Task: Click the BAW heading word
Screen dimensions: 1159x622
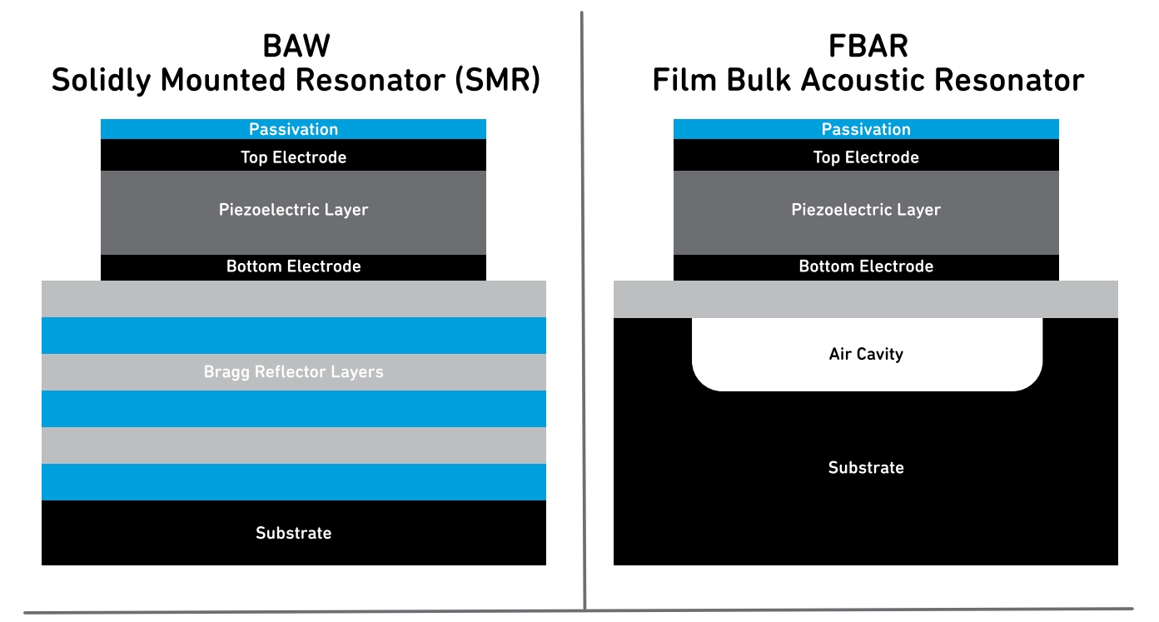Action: tap(296, 46)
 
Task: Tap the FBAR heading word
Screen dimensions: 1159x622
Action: tap(868, 46)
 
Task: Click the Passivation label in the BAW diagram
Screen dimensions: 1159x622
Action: tap(293, 129)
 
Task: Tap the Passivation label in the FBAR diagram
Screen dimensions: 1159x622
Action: tap(866, 129)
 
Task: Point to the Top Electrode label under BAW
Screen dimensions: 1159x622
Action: tap(293, 157)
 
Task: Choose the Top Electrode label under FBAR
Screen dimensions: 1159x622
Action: tap(866, 157)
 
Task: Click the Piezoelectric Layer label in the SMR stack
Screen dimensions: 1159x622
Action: tap(293, 210)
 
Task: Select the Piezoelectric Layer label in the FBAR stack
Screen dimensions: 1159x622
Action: tap(866, 210)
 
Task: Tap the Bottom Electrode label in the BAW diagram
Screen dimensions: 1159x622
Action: tap(293, 266)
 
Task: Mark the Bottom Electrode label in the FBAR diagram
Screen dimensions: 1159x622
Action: tap(866, 266)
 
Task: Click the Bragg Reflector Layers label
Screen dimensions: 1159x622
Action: tap(293, 371)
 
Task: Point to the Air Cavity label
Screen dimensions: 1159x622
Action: tap(866, 354)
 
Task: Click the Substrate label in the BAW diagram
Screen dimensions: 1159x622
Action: tap(293, 533)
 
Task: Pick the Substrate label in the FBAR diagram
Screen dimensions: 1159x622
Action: tap(866, 468)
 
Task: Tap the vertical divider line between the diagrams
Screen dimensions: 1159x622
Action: tap(583, 311)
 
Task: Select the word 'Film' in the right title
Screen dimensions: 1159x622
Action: tap(684, 80)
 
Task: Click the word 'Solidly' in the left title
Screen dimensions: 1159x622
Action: tap(101, 80)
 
